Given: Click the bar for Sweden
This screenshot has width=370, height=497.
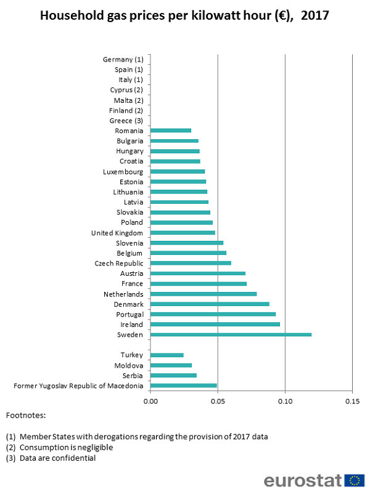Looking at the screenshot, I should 231,334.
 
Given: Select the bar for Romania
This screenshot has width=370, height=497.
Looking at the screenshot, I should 171,131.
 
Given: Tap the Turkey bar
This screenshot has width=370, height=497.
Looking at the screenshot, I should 167,355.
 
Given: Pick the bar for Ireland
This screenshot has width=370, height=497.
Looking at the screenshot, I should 215,324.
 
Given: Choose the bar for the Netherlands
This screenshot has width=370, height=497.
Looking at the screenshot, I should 203,294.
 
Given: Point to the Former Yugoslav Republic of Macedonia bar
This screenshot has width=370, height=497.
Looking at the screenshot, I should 184,386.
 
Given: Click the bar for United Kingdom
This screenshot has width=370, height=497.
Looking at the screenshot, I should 183,233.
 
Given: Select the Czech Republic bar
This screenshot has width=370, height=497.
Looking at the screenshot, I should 191,263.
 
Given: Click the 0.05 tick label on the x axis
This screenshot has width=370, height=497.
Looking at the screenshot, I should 218,402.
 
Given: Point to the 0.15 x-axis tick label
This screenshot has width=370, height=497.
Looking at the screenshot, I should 351,402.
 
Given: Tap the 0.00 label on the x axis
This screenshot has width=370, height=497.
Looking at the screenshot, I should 150,402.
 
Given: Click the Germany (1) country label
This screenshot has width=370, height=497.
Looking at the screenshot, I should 123,60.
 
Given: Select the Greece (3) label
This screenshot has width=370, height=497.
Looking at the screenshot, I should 126,121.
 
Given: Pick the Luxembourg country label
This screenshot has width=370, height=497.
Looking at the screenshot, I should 123,172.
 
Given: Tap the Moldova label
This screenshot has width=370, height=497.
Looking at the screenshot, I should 129,365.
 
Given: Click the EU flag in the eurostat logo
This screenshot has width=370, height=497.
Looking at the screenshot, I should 355,481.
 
